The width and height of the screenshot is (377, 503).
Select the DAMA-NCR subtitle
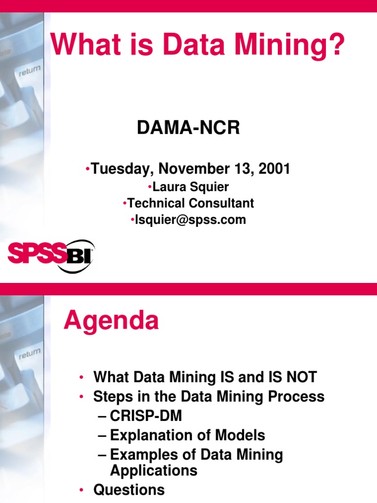tap(188, 128)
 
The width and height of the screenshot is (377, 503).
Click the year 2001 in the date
tap(274, 169)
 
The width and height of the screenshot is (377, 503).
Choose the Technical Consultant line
tap(190, 203)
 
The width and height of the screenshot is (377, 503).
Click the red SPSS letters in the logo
tap(36, 255)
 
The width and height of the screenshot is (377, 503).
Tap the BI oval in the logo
tap(79, 256)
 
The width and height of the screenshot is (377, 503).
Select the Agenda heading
tap(111, 321)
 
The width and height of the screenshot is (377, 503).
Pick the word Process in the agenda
tap(296, 396)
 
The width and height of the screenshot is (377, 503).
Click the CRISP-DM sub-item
tap(145, 416)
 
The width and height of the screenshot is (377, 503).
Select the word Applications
tap(154, 471)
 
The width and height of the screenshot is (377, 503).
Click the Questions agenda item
tap(129, 490)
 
